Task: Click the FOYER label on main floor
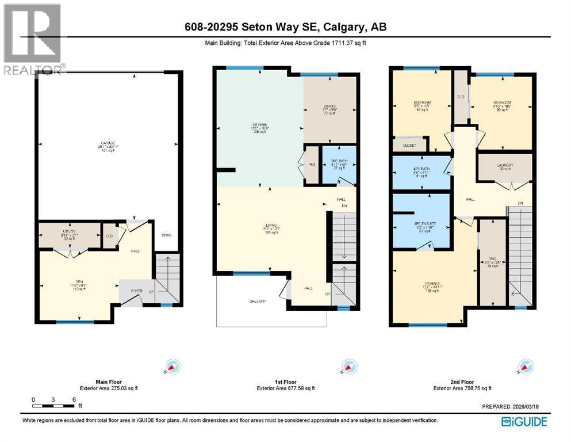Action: (135, 291)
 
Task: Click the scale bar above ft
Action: (53, 406)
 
